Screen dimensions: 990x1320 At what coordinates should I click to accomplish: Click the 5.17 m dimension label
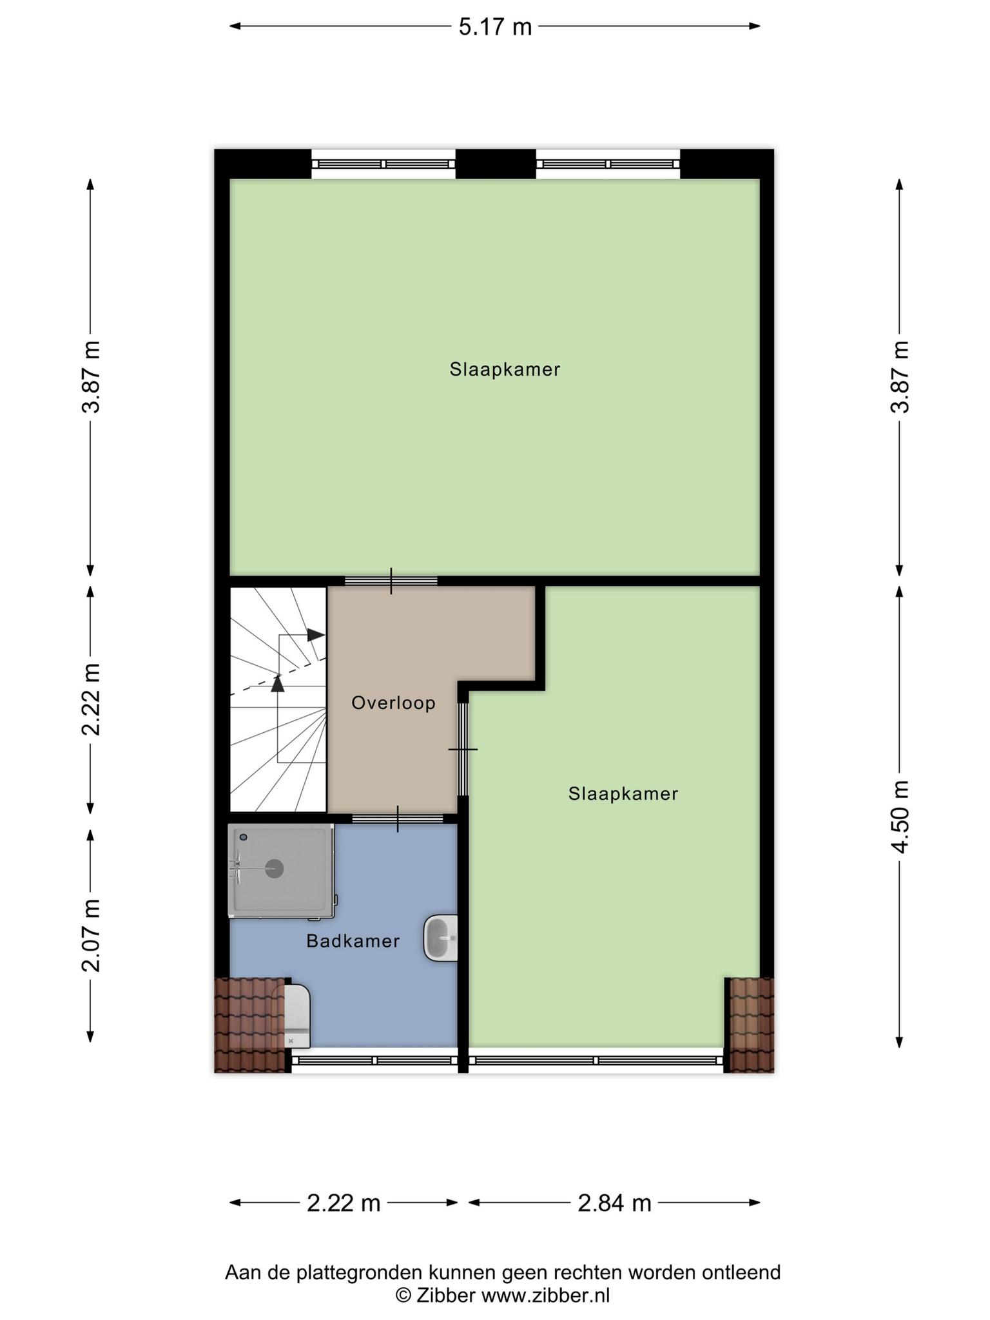click(495, 27)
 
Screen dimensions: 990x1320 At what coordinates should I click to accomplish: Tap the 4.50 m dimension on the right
click(900, 816)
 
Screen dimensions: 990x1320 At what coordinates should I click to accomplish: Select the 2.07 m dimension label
click(91, 935)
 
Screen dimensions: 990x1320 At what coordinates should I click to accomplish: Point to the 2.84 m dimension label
click(614, 1203)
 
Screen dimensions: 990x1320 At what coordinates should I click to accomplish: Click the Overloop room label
click(393, 703)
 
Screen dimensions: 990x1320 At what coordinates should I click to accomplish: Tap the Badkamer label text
click(353, 941)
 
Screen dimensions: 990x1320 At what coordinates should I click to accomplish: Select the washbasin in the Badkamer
click(441, 938)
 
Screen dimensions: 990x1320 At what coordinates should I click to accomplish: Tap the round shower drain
click(275, 869)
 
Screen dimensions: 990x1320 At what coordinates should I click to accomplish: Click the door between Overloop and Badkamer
click(398, 819)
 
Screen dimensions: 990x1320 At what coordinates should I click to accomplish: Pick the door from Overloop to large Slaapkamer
click(391, 581)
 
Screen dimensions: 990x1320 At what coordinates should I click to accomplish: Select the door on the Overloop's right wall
click(463, 750)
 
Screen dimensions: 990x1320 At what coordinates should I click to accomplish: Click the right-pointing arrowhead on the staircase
click(316, 635)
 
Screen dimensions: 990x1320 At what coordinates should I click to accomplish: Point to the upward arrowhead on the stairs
click(278, 683)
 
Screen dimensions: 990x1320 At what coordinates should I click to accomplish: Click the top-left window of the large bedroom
click(383, 164)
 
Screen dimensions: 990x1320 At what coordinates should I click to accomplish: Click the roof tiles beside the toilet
click(248, 1025)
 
